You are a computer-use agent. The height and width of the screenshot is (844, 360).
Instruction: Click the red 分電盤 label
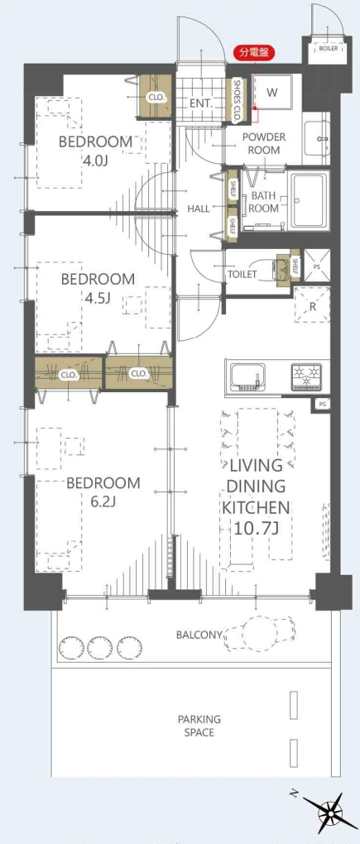[254, 53]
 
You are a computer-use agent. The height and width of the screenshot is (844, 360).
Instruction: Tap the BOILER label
[329, 49]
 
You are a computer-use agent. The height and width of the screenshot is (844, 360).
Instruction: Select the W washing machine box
[273, 92]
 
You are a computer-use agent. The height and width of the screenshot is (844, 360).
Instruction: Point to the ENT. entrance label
[202, 103]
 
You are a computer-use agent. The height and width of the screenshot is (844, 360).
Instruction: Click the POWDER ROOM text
[264, 143]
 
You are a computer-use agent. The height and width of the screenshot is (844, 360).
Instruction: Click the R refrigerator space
[312, 305]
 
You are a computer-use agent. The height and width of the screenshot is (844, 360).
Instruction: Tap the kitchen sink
[247, 376]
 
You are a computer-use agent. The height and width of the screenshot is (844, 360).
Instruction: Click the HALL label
[198, 209]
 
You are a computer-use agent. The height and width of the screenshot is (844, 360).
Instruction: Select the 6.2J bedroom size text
[103, 501]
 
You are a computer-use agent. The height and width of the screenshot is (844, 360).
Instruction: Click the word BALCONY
[199, 635]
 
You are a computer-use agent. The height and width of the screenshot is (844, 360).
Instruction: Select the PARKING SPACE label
[199, 726]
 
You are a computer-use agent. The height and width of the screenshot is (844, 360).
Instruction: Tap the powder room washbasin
[316, 138]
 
